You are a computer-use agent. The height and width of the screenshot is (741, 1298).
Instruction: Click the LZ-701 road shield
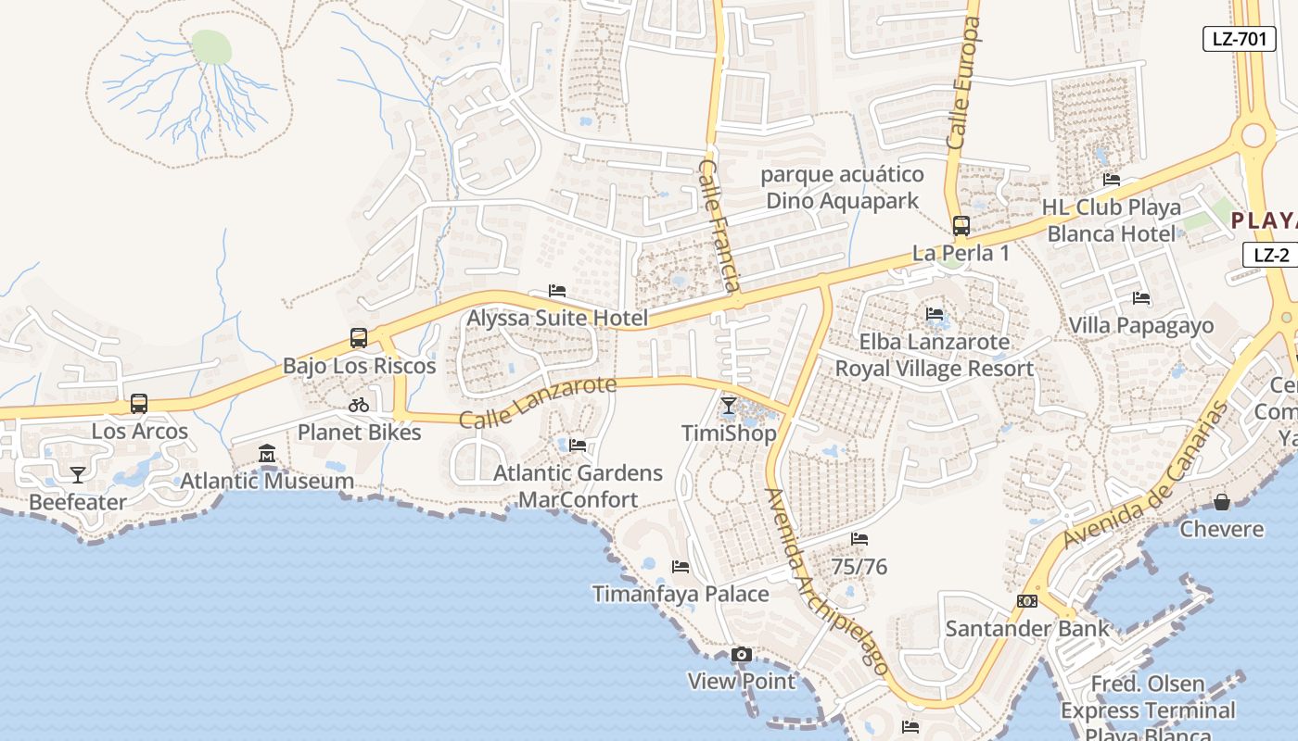point(1239,39)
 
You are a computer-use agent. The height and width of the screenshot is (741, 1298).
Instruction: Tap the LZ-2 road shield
point(1270,256)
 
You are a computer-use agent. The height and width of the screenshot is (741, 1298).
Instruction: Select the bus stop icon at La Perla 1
point(961,226)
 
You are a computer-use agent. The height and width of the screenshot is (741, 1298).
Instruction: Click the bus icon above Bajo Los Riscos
point(359,338)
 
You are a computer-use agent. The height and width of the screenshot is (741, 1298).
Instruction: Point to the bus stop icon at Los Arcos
point(139,404)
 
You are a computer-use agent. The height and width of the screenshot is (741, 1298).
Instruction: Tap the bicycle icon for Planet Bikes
point(359,405)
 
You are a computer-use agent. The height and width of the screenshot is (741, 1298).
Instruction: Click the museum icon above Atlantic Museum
point(267,454)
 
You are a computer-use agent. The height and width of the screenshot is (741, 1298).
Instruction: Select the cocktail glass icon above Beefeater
point(78,475)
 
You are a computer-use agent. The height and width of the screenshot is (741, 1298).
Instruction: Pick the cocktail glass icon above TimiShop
point(729,406)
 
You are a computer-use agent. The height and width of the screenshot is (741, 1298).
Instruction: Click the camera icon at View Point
point(741,655)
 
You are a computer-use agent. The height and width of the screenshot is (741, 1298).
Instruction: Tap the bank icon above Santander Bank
point(1026,601)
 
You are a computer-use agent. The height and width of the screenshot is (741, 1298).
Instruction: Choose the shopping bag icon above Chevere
point(1222,502)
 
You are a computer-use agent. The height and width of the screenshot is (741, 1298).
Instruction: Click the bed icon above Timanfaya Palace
point(681,567)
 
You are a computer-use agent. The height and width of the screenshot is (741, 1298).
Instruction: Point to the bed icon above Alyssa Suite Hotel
point(557,291)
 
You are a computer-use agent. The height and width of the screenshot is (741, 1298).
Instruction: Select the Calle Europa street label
point(963,83)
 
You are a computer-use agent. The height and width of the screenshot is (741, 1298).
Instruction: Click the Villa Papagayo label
point(1140,325)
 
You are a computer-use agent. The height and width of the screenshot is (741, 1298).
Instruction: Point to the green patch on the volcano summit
point(211,46)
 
